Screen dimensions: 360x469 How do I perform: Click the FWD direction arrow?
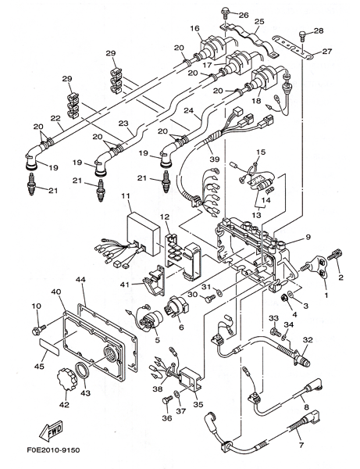pyautogui.click(x=52, y=431)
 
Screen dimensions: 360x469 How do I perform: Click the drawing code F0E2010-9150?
pyautogui.click(x=54, y=450)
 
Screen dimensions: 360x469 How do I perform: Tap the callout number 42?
pyautogui.click(x=64, y=405)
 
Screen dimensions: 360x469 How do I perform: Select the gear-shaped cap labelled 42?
pyautogui.click(x=66, y=380)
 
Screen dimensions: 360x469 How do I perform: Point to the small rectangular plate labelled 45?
pyautogui.click(x=49, y=346)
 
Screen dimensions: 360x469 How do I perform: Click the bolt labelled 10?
pyautogui.click(x=38, y=329)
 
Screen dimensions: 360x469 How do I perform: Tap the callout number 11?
pyautogui.click(x=126, y=196)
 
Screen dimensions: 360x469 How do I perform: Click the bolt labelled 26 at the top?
pyautogui.click(x=224, y=13)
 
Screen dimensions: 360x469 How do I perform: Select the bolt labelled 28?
pyautogui.click(x=303, y=37)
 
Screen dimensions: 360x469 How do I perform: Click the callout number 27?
pyautogui.click(x=327, y=51)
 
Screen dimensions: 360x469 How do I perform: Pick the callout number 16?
pyautogui.click(x=194, y=28)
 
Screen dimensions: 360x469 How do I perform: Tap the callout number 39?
pyautogui.click(x=215, y=159)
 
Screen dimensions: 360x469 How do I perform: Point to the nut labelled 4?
pyautogui.click(x=285, y=298)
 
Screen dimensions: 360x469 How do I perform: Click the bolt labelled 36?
pyautogui.click(x=167, y=400)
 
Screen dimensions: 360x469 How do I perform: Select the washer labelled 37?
pyautogui.click(x=176, y=395)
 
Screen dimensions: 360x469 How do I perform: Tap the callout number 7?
pyautogui.click(x=301, y=446)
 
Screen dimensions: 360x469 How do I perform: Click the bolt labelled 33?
pyautogui.click(x=276, y=331)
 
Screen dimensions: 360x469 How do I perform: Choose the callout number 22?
pyautogui.click(x=56, y=118)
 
